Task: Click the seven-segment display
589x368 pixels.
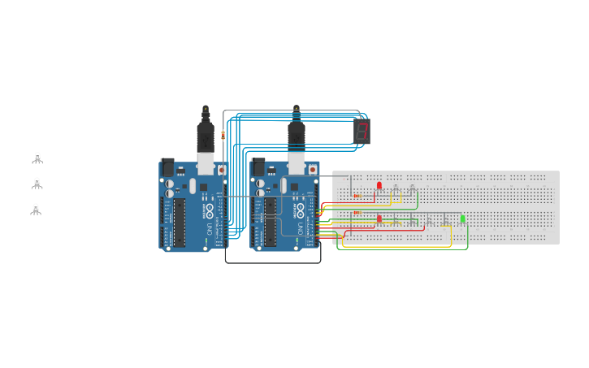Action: pos(362,132)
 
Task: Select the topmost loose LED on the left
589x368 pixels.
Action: pos(37,158)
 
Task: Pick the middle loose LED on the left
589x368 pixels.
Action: pos(37,184)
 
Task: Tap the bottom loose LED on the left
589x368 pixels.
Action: pos(36,209)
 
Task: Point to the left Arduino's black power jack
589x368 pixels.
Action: pos(167,167)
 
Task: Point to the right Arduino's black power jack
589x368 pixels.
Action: pos(258,167)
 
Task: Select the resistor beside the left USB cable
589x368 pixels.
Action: pos(223,136)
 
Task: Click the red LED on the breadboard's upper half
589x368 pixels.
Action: pos(379,186)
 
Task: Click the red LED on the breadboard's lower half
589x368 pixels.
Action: pos(379,219)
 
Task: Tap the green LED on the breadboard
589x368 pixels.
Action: pos(462,219)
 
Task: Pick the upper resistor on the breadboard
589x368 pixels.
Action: pos(357,196)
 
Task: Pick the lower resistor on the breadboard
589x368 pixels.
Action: pos(357,213)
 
